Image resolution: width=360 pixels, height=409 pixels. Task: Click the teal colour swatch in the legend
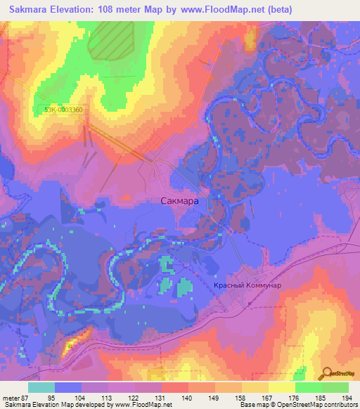tap(41, 387)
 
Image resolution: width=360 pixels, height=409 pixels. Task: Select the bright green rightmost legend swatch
tap(335, 387)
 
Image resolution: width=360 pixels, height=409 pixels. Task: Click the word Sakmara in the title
tap(31, 9)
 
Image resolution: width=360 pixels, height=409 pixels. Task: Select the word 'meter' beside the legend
tap(11, 398)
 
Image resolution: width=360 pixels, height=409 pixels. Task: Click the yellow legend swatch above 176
tap(282, 387)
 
